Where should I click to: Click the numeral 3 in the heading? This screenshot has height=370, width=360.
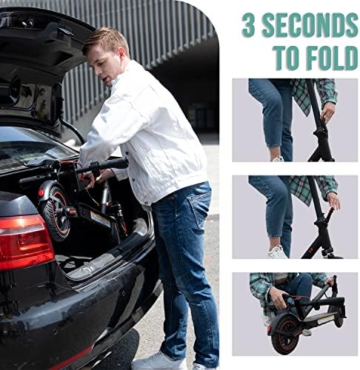point(248,25)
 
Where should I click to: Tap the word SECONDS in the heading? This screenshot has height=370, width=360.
point(310,25)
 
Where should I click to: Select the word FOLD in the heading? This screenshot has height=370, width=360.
point(332,58)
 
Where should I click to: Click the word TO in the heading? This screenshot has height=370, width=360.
point(288,58)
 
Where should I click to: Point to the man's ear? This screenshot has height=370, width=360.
point(121,53)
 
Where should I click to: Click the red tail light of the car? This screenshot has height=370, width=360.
point(24,240)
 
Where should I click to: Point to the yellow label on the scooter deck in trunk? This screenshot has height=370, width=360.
point(100,218)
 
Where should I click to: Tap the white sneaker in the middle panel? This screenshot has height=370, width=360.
point(278,252)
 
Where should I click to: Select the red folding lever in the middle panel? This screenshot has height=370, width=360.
point(329,214)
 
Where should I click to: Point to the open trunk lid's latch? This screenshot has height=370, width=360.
point(64,31)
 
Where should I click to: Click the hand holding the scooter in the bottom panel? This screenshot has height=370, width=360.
point(278,297)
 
